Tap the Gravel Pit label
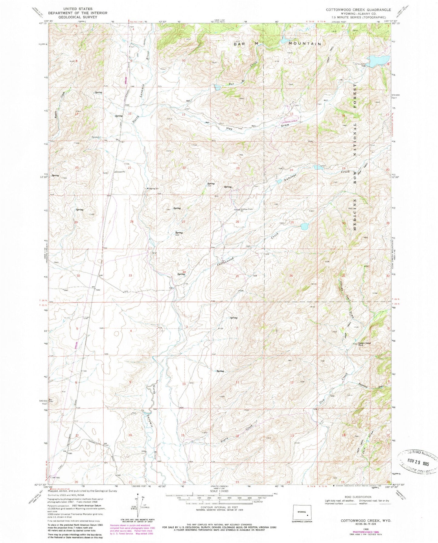(x=120, y=172)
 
